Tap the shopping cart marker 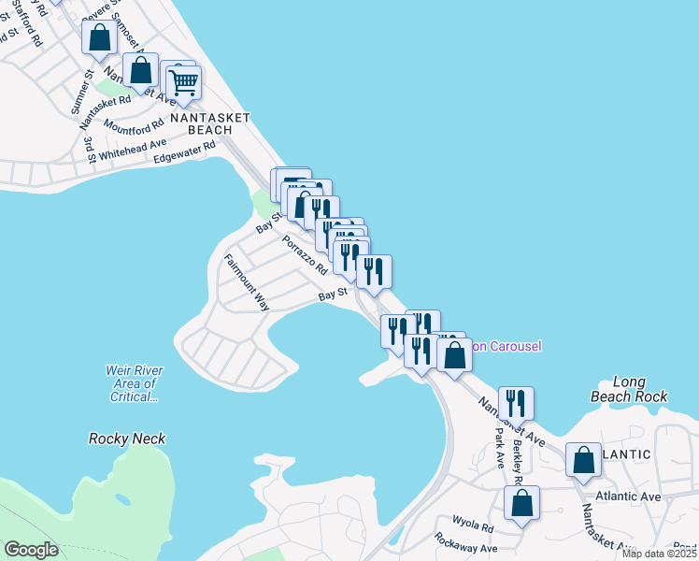pyautogui.click(x=184, y=83)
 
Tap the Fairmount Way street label pyautogui.click(x=247, y=281)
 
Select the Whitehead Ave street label pyautogui.click(x=133, y=150)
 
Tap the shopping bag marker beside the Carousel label pyautogui.click(x=454, y=356)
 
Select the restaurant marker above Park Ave pyautogui.click(x=516, y=403)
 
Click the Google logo pyautogui.click(x=32, y=550)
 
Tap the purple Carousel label pyautogui.click(x=505, y=346)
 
